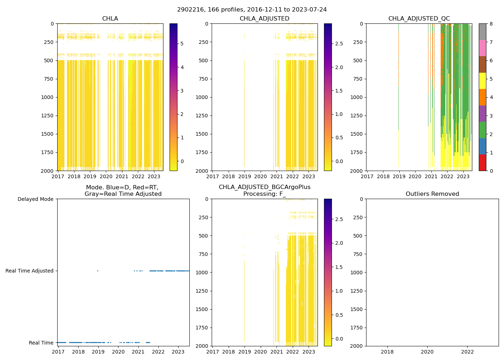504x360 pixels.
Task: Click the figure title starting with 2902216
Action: pyautogui.click(x=252, y=10)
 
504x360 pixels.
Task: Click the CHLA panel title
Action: pyautogui.click(x=110, y=19)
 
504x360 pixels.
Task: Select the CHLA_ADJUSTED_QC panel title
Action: pyautogui.click(x=419, y=19)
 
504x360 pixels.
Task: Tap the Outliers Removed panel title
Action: pyautogui.click(x=432, y=194)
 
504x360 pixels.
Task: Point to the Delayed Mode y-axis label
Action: pyautogui.click(x=35, y=199)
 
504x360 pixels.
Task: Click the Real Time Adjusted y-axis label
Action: pyautogui.click(x=29, y=271)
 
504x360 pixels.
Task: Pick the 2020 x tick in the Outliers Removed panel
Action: pyautogui.click(x=427, y=352)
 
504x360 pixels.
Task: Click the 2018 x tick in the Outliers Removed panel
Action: pyautogui.click(x=387, y=352)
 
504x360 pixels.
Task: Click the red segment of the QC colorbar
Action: pyautogui.click(x=482, y=162)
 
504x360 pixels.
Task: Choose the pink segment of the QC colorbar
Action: pyautogui.click(x=482, y=48)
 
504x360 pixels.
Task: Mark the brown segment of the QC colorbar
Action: pyautogui.click(x=482, y=64)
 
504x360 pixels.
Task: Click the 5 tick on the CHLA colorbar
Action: pyautogui.click(x=182, y=44)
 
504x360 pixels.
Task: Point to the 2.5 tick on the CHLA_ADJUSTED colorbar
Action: pyautogui.click(x=339, y=44)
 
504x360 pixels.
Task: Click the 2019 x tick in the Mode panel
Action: pyautogui.click(x=98, y=352)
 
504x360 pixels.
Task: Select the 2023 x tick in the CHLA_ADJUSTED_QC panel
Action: pyautogui.click(x=463, y=176)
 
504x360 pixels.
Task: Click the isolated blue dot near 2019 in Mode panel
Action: pyautogui.click(x=98, y=271)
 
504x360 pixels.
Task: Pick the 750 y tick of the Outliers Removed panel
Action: pyautogui.click(x=358, y=254)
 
